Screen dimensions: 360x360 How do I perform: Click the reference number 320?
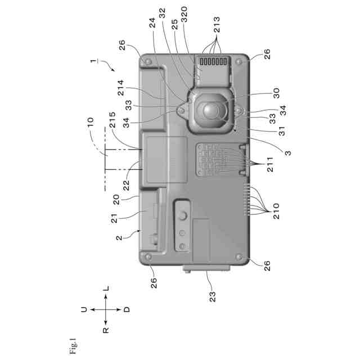point(184,15)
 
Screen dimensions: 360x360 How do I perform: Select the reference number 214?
point(120,88)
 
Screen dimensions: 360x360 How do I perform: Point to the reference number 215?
point(112,120)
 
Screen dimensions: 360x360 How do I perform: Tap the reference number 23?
point(213,296)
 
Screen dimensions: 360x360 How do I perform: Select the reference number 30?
point(276,93)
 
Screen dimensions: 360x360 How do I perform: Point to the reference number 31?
point(281,131)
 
